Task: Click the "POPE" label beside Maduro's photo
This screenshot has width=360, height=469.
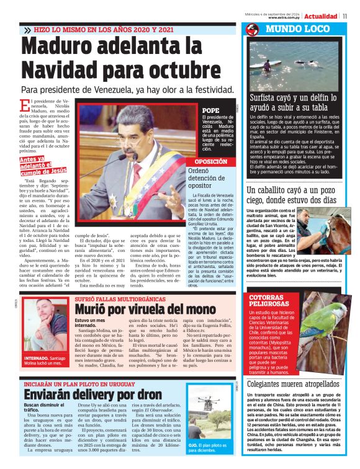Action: [x=211, y=110]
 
